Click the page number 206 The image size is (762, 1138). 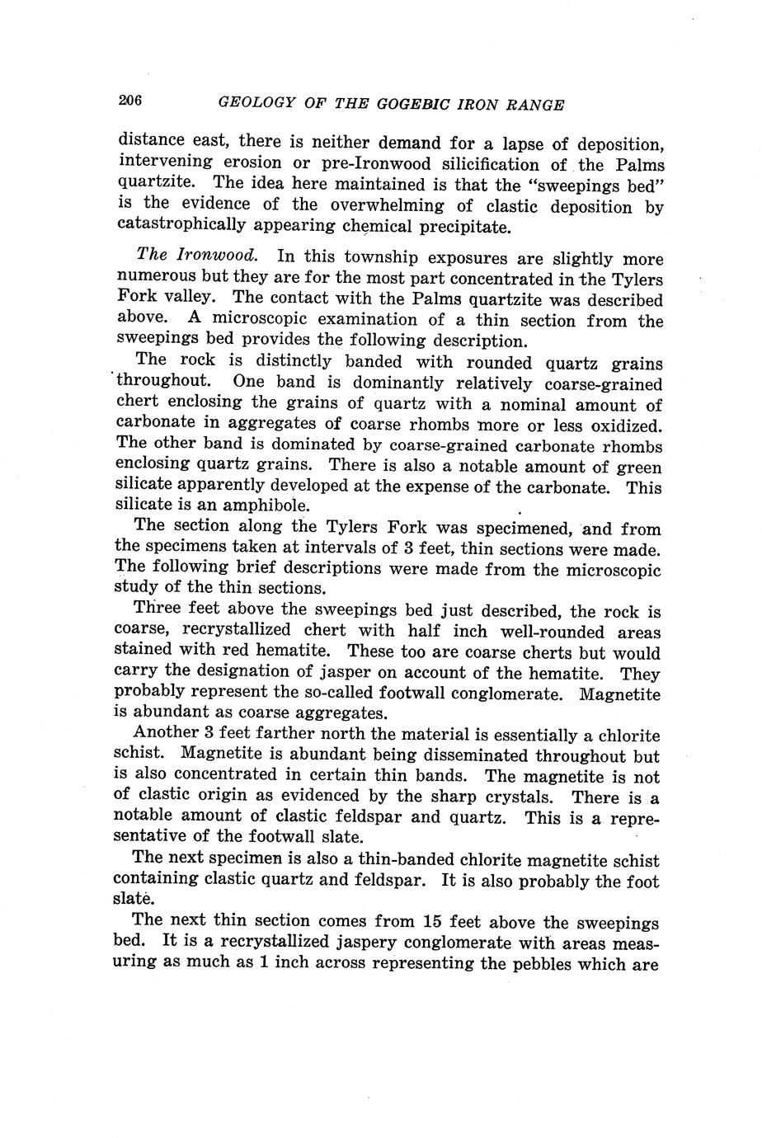131,101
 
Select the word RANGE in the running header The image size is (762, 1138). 533,105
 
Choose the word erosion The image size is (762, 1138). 254,162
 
